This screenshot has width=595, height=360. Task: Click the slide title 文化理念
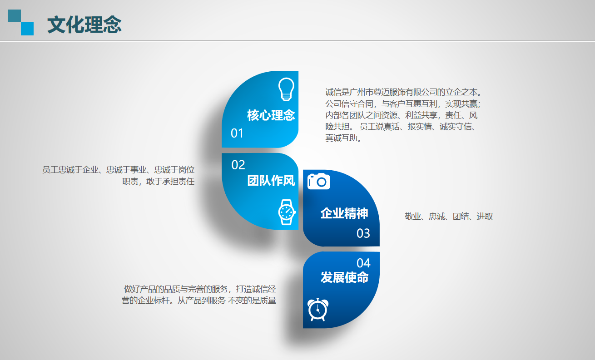[x=84, y=25]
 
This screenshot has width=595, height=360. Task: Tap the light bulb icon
[x=286, y=89]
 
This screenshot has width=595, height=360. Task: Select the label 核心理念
[x=271, y=115]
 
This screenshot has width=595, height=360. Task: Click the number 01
[x=237, y=133]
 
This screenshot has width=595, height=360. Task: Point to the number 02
[x=238, y=165]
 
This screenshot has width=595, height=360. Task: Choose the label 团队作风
[x=271, y=181]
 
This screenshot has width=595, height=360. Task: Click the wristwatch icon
[x=287, y=212]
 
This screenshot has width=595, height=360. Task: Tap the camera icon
[x=319, y=181]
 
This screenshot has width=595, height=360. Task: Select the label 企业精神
[x=344, y=213]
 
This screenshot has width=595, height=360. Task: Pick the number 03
[x=363, y=233]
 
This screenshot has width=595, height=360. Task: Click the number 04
[x=363, y=263]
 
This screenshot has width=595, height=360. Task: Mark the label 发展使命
[x=345, y=277]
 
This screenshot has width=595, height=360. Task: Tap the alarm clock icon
[x=317, y=310]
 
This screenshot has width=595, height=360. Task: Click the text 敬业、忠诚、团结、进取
[x=449, y=217]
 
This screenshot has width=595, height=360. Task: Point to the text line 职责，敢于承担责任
[x=159, y=182]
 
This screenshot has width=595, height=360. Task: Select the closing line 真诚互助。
[x=343, y=138]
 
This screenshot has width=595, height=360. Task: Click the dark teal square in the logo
[x=15, y=16]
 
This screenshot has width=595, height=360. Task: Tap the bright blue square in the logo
[x=27, y=29]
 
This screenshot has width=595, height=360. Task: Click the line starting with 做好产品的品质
[x=200, y=289]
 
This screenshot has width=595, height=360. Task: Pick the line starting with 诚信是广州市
[x=403, y=93]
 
